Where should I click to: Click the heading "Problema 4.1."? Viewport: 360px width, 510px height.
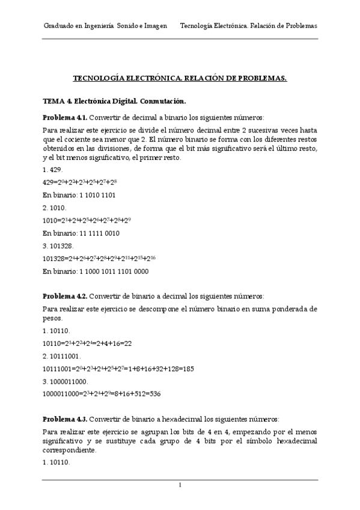coord(66,117)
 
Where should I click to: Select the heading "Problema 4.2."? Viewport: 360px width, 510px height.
coord(66,296)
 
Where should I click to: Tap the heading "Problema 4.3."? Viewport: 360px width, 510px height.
coord(66,419)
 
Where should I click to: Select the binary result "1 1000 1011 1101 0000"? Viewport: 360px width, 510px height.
coord(114,271)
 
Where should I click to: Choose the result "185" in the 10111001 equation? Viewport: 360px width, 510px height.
coord(188,369)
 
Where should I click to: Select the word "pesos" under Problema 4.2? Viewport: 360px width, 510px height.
coord(52,318)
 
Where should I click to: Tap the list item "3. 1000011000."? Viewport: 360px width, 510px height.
coord(66,382)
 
